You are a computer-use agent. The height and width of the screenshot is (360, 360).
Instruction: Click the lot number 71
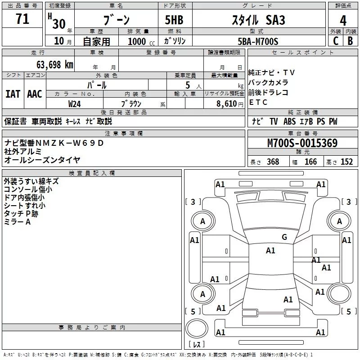22,19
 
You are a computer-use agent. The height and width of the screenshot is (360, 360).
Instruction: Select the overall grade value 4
343,20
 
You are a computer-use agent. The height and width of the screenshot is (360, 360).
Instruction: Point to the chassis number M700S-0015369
302,143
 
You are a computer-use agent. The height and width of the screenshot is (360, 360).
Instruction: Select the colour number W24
75,103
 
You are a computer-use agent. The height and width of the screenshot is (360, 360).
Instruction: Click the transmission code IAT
13,94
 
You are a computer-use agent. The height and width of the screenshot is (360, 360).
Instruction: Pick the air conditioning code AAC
35,94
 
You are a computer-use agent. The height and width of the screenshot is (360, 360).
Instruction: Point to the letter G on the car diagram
284,237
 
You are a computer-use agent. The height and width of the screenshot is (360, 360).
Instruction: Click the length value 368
273,162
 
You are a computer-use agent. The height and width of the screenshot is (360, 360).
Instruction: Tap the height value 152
346,162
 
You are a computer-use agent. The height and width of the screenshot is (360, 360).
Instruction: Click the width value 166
310,162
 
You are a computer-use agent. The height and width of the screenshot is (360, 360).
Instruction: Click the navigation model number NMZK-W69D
70,143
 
